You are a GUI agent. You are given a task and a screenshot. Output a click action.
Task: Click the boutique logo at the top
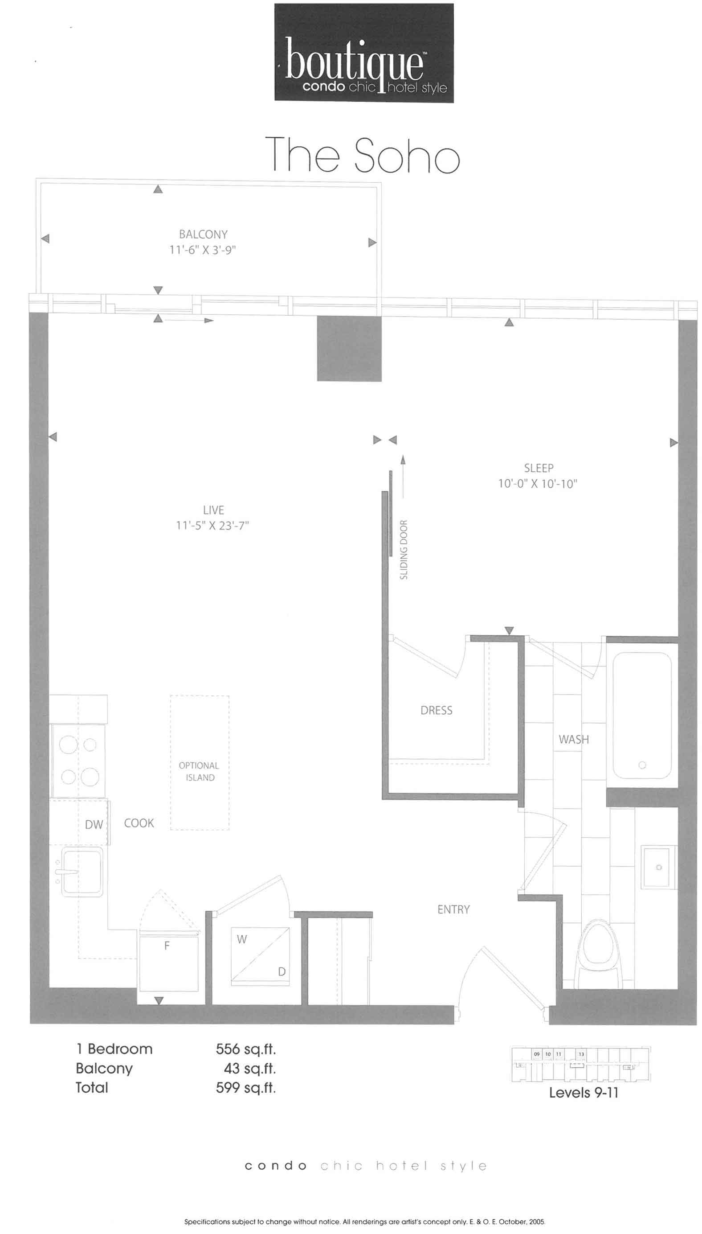(x=364, y=53)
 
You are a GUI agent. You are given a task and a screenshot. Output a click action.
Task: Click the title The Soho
(x=363, y=154)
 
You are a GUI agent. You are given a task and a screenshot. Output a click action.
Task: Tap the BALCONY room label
(x=203, y=234)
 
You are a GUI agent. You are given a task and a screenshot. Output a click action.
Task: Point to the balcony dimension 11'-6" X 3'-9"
(x=203, y=250)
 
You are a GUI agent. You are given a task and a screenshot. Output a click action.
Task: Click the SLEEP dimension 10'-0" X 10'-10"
(x=538, y=484)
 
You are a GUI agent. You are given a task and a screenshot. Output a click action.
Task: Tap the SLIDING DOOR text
(x=404, y=550)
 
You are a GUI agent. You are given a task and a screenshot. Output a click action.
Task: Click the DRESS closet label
(x=437, y=710)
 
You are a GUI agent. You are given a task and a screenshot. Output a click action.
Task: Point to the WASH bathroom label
(x=574, y=739)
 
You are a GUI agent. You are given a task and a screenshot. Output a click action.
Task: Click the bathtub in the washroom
(x=642, y=716)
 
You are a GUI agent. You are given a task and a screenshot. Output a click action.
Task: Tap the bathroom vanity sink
(x=655, y=867)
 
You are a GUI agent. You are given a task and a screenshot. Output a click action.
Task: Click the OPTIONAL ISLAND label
(x=199, y=771)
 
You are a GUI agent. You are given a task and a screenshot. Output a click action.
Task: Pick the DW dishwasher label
(x=94, y=824)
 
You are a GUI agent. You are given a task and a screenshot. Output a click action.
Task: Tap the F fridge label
(x=167, y=946)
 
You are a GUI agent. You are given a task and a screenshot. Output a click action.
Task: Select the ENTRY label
(x=453, y=909)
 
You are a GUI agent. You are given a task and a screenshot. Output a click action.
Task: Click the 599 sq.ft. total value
(x=246, y=1087)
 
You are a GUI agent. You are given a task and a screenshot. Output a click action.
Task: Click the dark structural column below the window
(x=349, y=349)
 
